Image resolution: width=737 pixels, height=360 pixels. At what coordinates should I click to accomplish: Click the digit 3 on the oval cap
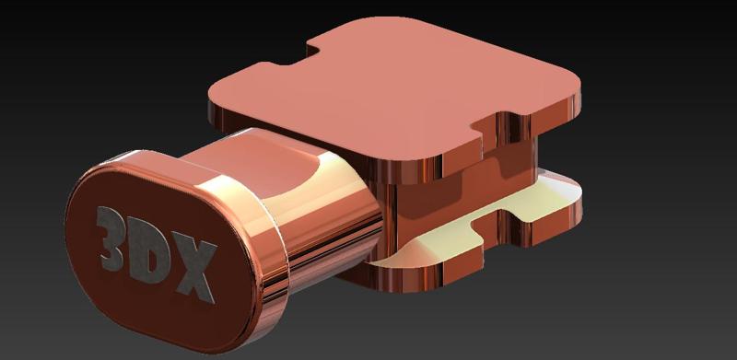point(111,238)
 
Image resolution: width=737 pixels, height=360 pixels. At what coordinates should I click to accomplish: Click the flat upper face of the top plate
point(395,89)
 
